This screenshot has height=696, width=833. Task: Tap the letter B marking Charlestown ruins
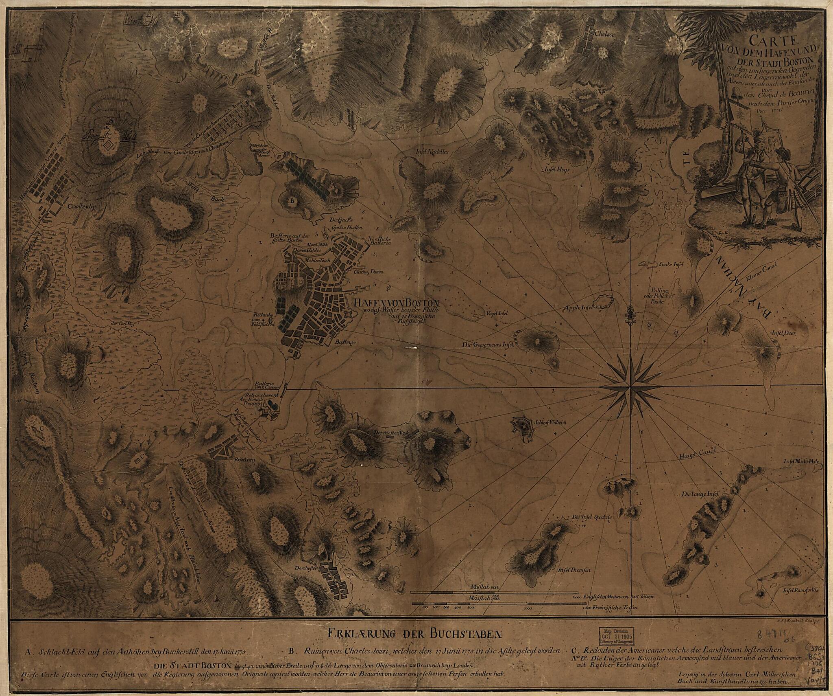pyautogui.click(x=292, y=201)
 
